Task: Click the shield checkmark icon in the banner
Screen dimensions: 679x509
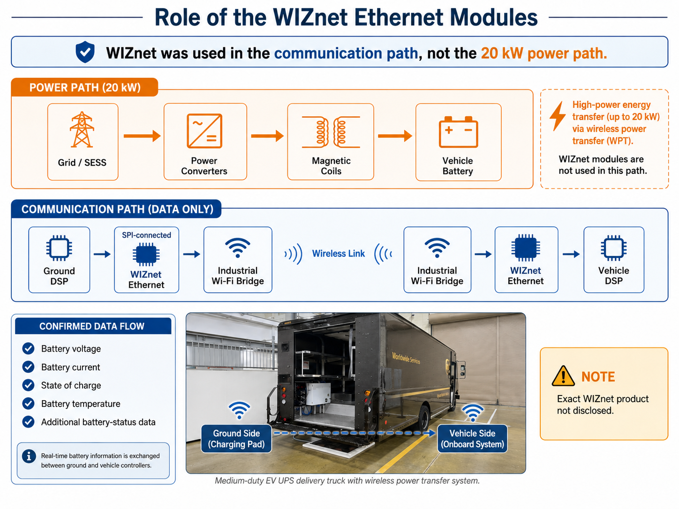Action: pos(85,52)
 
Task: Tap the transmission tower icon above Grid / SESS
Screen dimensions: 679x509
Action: pos(82,129)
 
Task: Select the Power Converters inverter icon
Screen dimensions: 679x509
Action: pos(204,131)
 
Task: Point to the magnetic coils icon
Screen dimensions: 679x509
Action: pos(331,132)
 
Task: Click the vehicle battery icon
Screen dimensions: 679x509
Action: pos(458,132)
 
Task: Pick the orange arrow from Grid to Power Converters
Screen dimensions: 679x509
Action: pos(142,135)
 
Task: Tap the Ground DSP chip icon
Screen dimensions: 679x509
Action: pos(59,248)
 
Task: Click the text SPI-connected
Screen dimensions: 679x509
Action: pos(146,235)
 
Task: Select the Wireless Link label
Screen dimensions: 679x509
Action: pos(339,254)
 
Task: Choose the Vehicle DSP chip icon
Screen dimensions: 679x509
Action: pos(614,248)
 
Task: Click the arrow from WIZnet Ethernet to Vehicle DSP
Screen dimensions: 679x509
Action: pos(571,254)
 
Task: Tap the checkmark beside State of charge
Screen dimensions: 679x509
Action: pos(28,385)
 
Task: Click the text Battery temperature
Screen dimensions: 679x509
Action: pos(81,404)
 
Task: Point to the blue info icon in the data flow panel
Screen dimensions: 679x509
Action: pos(29,456)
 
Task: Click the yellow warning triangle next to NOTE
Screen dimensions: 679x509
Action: pos(563,376)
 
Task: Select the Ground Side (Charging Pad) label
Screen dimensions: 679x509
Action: pos(236,439)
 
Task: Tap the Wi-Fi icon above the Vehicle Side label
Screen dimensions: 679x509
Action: pos(472,412)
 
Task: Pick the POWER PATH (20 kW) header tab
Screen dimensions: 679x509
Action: pos(85,87)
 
